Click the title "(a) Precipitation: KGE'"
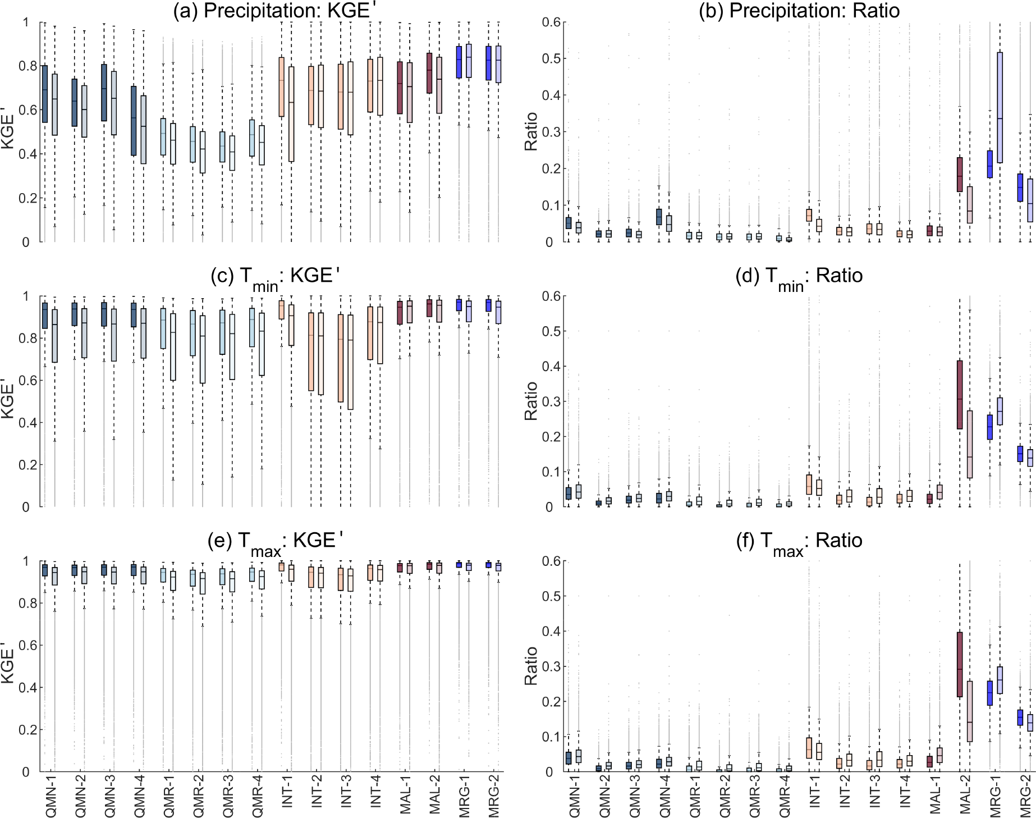coord(272,11)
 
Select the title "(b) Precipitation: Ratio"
coord(799,11)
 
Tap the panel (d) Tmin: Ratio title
coord(799,276)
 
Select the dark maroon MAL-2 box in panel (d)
coord(960,395)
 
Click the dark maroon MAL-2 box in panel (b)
coord(960,175)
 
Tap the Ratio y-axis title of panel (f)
coord(531,666)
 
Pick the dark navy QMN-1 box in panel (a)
coord(45,94)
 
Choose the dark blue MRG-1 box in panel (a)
coord(459,62)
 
